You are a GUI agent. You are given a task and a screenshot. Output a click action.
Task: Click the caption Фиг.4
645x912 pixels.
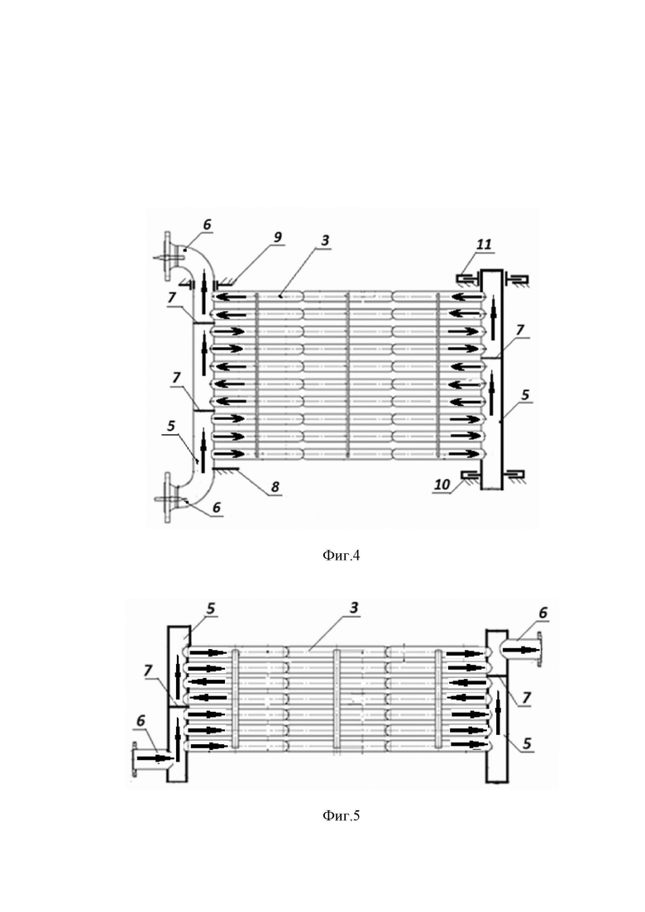click(x=341, y=556)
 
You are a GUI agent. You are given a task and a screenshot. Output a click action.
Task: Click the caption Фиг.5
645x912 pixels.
click(x=341, y=815)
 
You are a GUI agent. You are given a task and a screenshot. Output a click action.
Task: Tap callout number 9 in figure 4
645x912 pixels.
click(x=277, y=236)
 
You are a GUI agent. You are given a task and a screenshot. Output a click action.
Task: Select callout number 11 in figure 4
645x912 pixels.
click(x=484, y=244)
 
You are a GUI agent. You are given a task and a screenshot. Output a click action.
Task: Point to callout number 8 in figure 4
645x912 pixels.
click(x=275, y=486)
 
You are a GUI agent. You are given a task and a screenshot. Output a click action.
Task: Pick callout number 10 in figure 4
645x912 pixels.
click(x=442, y=485)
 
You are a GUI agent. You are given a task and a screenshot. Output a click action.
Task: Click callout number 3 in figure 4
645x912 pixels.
click(x=325, y=240)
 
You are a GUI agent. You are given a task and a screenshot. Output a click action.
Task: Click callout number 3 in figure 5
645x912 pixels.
click(x=354, y=608)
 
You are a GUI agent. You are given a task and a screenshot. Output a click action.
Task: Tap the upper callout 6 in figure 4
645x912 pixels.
click(x=207, y=225)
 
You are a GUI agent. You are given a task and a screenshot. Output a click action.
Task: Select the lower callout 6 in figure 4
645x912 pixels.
click(x=217, y=507)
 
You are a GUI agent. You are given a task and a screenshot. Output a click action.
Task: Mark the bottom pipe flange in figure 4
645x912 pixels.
click(x=168, y=499)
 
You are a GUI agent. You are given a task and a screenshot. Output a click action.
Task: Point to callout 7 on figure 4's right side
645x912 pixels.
click(x=520, y=330)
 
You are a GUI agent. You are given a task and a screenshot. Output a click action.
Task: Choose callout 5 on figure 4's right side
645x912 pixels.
click(x=525, y=395)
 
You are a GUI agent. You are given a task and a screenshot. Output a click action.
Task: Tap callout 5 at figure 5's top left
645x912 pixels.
click(x=211, y=609)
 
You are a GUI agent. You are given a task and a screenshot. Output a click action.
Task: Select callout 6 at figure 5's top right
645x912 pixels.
click(x=543, y=613)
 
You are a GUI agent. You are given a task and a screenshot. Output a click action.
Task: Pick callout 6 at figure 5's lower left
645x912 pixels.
click(x=141, y=721)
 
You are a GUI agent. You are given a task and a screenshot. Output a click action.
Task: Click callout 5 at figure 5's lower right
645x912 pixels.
click(x=527, y=743)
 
